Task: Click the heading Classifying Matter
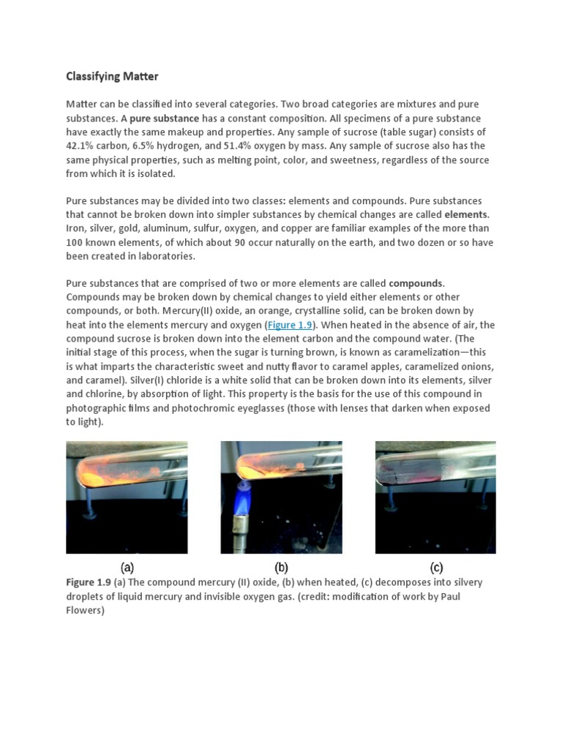click(112, 76)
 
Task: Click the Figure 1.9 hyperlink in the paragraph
click(290, 325)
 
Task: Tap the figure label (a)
click(127, 566)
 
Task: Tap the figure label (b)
click(281, 566)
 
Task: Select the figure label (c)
click(436, 566)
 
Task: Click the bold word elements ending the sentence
click(466, 214)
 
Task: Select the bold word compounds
click(416, 283)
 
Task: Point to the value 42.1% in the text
click(81, 146)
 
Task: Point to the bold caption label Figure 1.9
click(89, 582)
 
